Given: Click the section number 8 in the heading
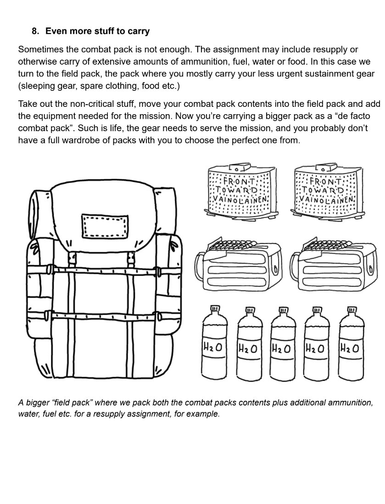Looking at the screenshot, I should point(34,32).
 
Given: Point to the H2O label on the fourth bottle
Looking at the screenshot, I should point(315,349).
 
